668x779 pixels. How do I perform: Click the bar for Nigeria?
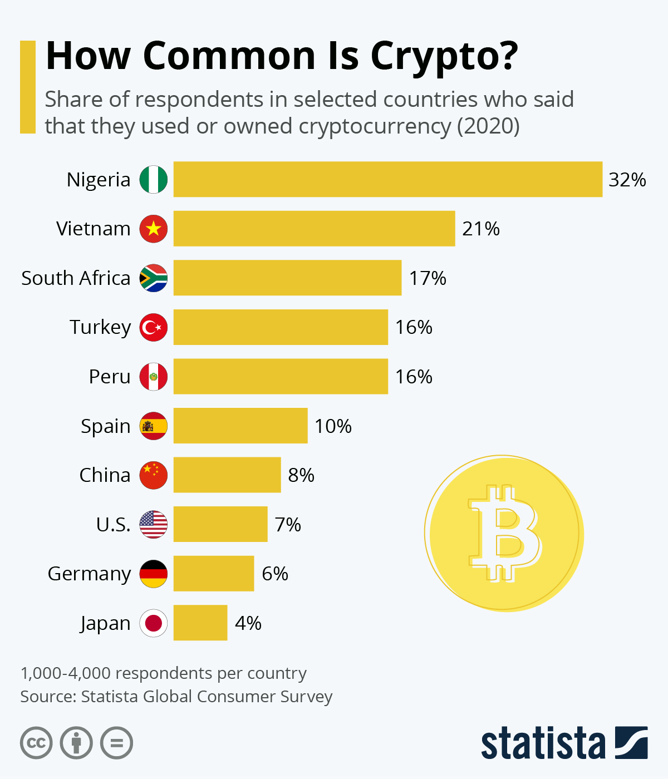(x=387, y=179)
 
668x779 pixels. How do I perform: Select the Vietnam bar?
(x=314, y=228)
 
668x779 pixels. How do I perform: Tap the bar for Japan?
(x=200, y=623)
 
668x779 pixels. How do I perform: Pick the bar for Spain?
(x=240, y=426)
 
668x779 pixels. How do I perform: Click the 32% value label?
(x=627, y=180)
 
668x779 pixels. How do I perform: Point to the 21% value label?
(x=480, y=229)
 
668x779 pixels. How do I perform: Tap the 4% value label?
(x=248, y=623)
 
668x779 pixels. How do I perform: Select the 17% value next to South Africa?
(x=428, y=278)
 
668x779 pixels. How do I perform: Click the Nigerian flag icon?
(x=153, y=179)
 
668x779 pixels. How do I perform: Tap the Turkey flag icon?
(x=153, y=327)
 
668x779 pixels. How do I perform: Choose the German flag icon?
(x=153, y=574)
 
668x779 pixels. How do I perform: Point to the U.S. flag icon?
(x=153, y=524)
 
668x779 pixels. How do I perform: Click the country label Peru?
(x=110, y=377)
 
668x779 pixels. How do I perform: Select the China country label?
(x=105, y=475)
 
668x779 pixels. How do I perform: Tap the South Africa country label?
(x=76, y=278)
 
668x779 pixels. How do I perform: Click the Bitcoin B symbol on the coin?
(x=503, y=533)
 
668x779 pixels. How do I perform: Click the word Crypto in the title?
(x=444, y=56)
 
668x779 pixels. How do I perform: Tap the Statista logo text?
(x=543, y=743)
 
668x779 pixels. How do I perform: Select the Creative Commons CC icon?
(x=36, y=743)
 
